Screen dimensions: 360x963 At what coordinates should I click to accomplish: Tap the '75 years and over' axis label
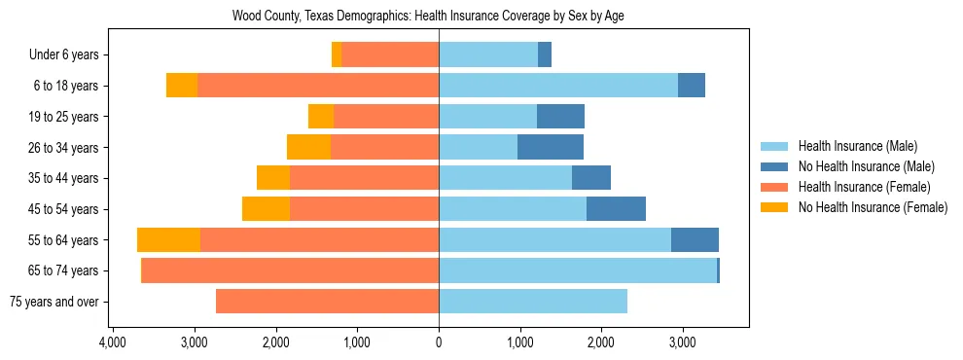pyautogui.click(x=53, y=302)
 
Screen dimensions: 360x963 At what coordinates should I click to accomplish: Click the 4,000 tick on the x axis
pyautogui.click(x=113, y=342)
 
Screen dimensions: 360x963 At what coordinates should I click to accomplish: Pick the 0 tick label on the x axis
pyautogui.click(x=439, y=342)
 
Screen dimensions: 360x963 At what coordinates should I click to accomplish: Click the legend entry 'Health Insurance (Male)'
pyautogui.click(x=857, y=146)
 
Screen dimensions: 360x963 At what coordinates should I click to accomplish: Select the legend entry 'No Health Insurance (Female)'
pyautogui.click(x=873, y=207)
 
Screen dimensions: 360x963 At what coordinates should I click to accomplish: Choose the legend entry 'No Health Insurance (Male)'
pyautogui.click(x=866, y=166)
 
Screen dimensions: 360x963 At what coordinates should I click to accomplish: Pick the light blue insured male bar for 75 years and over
pyautogui.click(x=533, y=302)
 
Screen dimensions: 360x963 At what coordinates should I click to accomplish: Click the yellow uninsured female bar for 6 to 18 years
pyautogui.click(x=182, y=86)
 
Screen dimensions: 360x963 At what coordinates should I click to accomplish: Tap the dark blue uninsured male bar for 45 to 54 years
pyautogui.click(x=616, y=209)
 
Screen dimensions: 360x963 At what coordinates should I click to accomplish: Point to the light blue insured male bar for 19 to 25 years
pyautogui.click(x=487, y=117)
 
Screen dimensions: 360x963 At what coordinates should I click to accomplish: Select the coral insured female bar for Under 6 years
pyautogui.click(x=390, y=55)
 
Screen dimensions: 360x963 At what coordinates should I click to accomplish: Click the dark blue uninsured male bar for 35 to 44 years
pyautogui.click(x=591, y=178)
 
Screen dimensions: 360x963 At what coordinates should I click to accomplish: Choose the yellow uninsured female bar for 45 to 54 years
pyautogui.click(x=266, y=209)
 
